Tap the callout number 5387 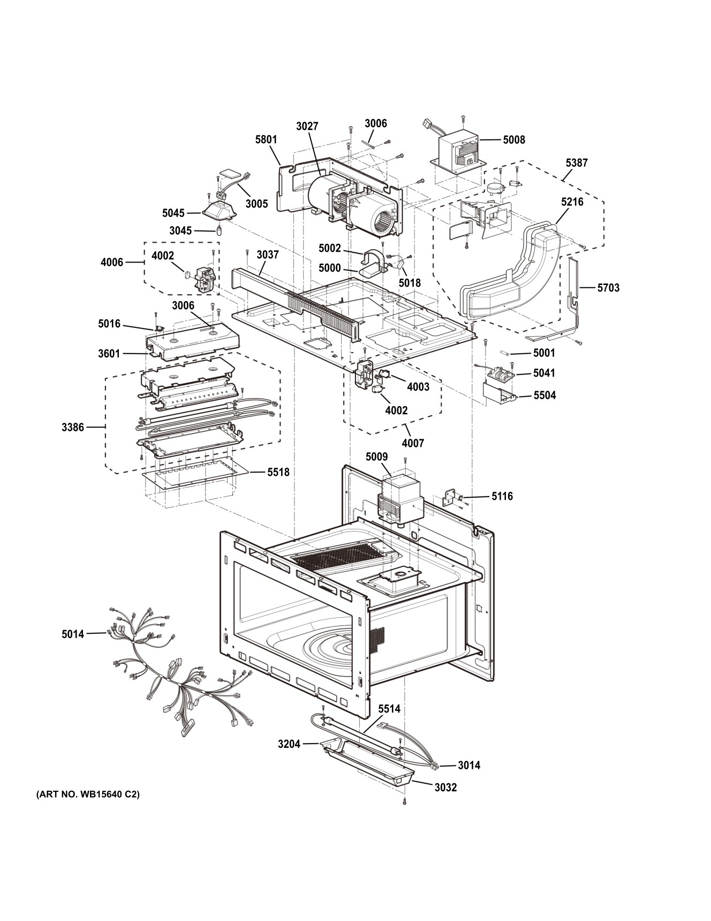(576, 163)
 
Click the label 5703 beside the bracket (608, 288)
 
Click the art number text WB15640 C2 (88, 795)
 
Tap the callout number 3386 (73, 428)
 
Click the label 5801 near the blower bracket (266, 140)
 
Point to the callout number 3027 (307, 126)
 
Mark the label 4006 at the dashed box (112, 263)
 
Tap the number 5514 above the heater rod (389, 709)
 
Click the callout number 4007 (413, 443)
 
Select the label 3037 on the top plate (267, 254)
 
